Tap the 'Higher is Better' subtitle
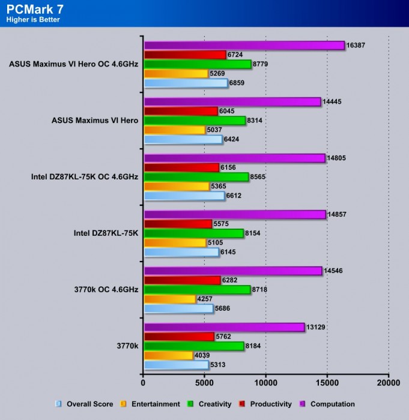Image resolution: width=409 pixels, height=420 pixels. tap(33, 20)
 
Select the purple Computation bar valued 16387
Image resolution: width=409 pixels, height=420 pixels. tap(244, 46)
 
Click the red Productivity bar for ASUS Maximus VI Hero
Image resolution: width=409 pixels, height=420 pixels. tap(181, 111)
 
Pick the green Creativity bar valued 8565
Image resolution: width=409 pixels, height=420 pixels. tap(196, 177)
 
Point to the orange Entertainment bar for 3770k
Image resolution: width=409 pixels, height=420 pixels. tap(168, 355)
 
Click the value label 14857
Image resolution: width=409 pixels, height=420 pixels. tap(339, 214)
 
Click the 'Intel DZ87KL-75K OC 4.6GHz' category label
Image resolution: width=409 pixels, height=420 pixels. tap(85, 177)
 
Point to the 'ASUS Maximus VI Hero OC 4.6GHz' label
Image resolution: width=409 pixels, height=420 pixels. tap(74, 64)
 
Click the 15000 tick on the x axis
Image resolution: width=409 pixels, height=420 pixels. tap(327, 382)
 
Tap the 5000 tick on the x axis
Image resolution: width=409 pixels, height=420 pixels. tap(204, 382)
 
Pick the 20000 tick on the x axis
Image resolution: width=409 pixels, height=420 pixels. tap(388, 382)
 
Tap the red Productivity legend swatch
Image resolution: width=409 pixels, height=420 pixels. tap(243, 404)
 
